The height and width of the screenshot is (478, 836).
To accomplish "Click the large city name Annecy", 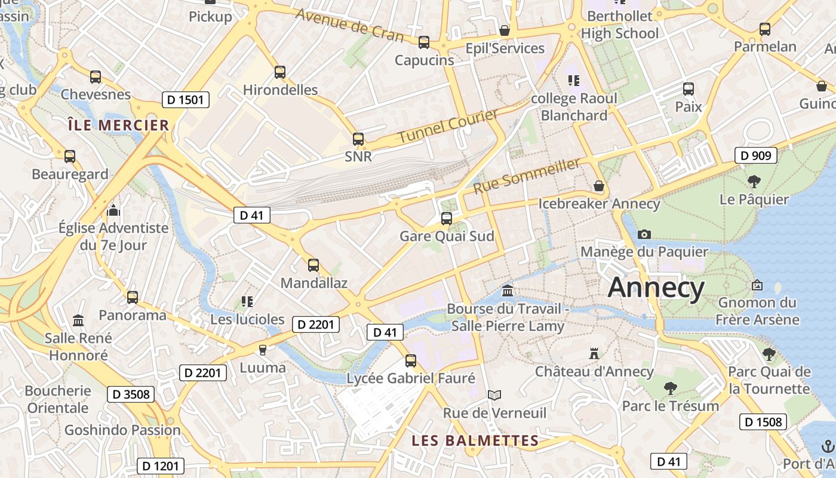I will click(656, 288).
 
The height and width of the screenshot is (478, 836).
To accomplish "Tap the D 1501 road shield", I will click(186, 99).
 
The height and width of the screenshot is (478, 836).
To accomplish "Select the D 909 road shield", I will click(755, 156).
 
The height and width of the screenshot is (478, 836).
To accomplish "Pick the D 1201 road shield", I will click(161, 466).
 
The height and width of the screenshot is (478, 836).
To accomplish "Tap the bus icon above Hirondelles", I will click(280, 72).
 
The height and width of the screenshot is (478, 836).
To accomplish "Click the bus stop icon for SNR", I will click(358, 139).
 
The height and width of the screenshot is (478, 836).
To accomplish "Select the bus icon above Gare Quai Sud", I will click(447, 219).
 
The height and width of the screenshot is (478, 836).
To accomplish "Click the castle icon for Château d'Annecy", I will click(594, 353).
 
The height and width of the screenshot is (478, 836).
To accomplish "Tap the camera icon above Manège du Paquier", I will click(644, 234).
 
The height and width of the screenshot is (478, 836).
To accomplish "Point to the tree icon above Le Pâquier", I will click(754, 181).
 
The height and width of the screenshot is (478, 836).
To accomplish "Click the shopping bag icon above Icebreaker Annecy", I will click(599, 186).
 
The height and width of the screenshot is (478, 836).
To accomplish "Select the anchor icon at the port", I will click(828, 446).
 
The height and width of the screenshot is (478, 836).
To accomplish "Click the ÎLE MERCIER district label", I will click(118, 125).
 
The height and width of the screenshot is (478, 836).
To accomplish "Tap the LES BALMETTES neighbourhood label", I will click(475, 441).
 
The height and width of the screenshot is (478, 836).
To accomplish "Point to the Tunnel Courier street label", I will click(448, 126).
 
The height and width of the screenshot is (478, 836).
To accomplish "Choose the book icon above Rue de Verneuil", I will click(494, 395).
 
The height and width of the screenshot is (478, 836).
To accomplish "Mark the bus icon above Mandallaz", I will click(314, 265).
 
